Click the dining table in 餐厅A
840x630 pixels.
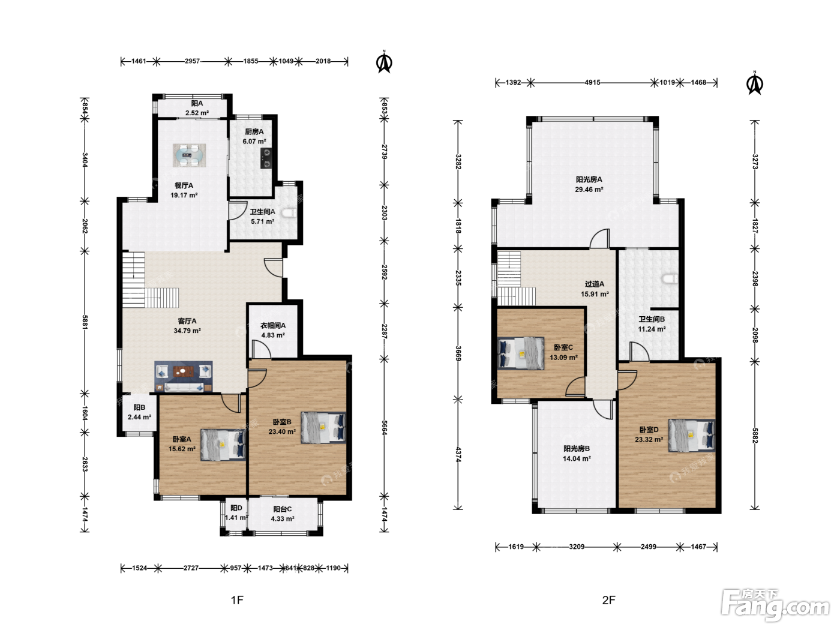(189, 155)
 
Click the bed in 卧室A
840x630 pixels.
(223, 445)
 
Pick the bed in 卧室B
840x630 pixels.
(323, 427)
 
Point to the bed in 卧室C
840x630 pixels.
(521, 353)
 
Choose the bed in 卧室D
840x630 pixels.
(692, 436)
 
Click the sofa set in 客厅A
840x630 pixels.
(184, 377)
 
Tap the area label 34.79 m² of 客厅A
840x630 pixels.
(187, 331)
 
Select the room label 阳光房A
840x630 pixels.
(589, 179)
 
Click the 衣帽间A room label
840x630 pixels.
(273, 326)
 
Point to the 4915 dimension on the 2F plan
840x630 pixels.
(592, 83)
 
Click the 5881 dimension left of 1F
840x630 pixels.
(85, 322)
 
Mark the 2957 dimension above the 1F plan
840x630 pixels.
(192, 61)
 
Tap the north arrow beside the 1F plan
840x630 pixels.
(384, 62)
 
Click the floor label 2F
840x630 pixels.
(608, 600)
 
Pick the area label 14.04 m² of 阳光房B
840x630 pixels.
(577, 458)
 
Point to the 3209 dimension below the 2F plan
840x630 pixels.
(577, 547)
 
